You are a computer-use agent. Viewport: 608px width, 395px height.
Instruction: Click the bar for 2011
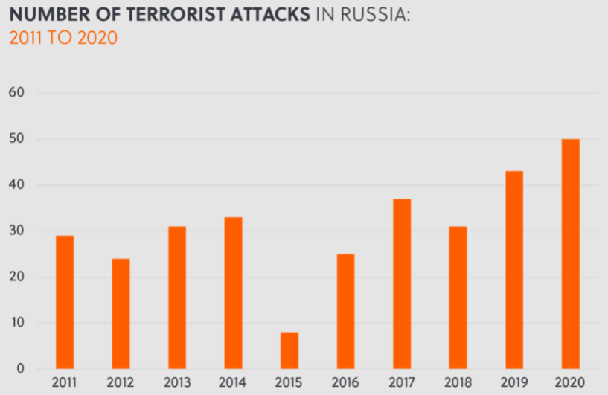pyautogui.click(x=65, y=302)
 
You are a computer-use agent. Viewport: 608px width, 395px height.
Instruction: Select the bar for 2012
pyautogui.click(x=121, y=313)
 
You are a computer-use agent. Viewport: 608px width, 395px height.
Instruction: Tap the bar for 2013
pyautogui.click(x=177, y=298)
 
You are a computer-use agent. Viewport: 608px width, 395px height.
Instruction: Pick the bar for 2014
pyautogui.click(x=233, y=293)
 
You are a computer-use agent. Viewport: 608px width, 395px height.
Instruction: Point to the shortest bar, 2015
pyautogui.click(x=289, y=350)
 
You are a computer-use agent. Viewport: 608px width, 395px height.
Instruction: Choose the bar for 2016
pyautogui.click(x=345, y=311)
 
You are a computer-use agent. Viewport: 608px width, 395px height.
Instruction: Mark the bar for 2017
pyautogui.click(x=402, y=283)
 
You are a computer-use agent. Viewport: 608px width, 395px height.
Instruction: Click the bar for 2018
pyautogui.click(x=458, y=298)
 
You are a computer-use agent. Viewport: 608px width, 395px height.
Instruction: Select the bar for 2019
pyautogui.click(x=514, y=270)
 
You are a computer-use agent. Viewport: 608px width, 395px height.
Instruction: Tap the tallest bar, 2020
pyautogui.click(x=570, y=254)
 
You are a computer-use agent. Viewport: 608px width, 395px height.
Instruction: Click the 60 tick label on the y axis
pyautogui.click(x=16, y=93)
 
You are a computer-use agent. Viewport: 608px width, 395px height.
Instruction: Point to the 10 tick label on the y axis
pyautogui.click(x=16, y=323)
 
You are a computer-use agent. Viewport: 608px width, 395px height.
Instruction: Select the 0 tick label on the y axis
pyautogui.click(x=20, y=369)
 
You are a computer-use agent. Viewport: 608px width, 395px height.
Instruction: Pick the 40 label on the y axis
pyautogui.click(x=16, y=185)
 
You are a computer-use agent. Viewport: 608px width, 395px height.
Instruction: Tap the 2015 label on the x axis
pyautogui.click(x=289, y=383)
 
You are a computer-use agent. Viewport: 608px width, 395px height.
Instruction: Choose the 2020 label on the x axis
pyautogui.click(x=570, y=383)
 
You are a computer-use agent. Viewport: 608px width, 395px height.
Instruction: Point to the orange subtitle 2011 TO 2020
pyautogui.click(x=63, y=38)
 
